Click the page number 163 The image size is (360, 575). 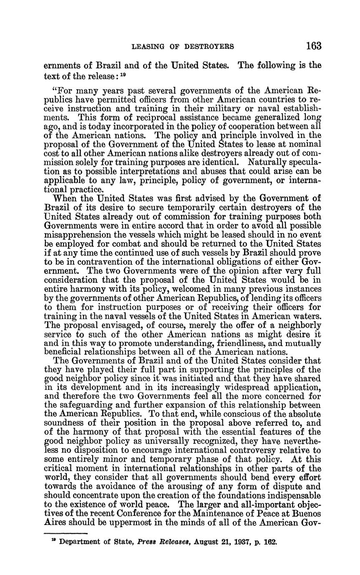313,45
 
